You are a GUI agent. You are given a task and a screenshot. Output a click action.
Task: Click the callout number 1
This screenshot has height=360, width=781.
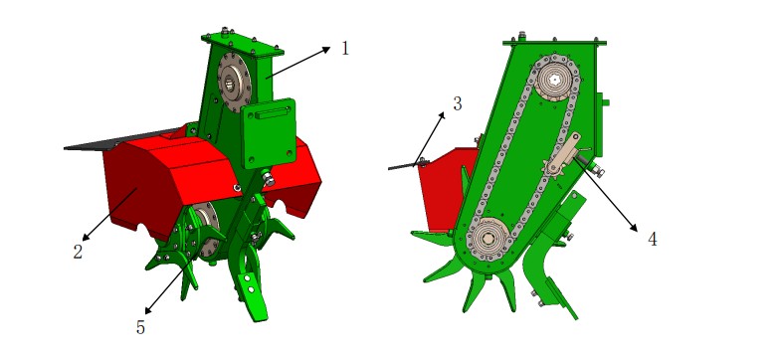pos(345,49)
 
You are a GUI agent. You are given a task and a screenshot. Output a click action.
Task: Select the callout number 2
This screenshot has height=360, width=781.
pos(78,252)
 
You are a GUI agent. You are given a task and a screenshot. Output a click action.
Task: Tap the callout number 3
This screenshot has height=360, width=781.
pos(458,103)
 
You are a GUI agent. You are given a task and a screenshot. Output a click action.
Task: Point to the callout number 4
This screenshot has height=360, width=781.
pos(652,240)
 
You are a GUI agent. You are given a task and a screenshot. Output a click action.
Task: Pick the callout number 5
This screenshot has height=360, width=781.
pos(140,327)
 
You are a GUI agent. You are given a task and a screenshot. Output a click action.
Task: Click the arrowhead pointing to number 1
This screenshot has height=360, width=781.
pos(325,49)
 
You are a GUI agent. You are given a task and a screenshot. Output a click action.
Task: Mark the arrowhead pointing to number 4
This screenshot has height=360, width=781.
pos(633,228)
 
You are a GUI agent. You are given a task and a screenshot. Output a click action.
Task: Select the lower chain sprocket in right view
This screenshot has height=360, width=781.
pos(488,240)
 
